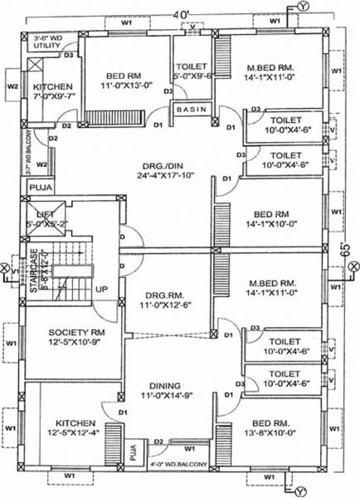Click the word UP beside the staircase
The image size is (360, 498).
(103, 289)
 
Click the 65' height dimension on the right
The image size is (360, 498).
(349, 250)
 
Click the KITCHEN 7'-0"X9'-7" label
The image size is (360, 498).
(52, 91)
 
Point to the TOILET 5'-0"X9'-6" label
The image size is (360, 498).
(192, 71)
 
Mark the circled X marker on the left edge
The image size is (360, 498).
(7, 269)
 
